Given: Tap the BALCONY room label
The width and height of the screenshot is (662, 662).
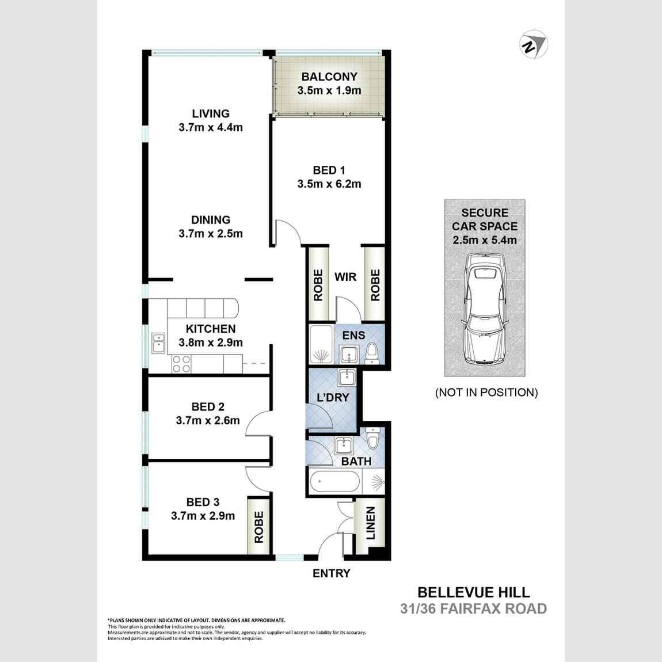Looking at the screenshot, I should point(329,77).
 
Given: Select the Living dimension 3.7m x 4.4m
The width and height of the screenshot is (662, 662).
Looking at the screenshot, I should point(211,128).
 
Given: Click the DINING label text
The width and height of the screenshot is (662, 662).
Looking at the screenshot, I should point(211,220).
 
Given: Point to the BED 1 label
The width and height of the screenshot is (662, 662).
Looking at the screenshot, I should point(329,170).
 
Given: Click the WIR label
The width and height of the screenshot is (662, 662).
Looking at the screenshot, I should point(345,277).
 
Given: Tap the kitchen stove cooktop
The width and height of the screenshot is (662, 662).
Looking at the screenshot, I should point(182,364).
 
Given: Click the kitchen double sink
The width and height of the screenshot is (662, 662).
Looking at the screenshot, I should point(158,343).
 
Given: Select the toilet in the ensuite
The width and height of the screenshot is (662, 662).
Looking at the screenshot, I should point(372,353).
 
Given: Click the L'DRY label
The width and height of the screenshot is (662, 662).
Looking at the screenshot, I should point(333,397).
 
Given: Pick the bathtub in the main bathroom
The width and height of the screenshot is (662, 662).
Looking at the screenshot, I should point(334,482).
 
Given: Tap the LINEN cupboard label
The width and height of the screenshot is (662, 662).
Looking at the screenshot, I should point(370,523).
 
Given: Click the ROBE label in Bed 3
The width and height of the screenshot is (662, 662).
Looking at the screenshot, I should point(259,527).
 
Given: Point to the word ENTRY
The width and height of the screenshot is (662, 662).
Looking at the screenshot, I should point(331,573).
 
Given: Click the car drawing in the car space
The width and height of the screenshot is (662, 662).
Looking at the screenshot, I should point(485,310).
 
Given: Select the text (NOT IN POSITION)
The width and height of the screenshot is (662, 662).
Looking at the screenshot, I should point(486,393).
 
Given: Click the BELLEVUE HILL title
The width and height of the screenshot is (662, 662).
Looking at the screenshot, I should point(473,592).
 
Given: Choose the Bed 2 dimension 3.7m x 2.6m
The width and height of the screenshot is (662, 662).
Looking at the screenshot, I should point(208,421).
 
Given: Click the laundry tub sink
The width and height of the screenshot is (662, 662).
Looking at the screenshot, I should point(346,378).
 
